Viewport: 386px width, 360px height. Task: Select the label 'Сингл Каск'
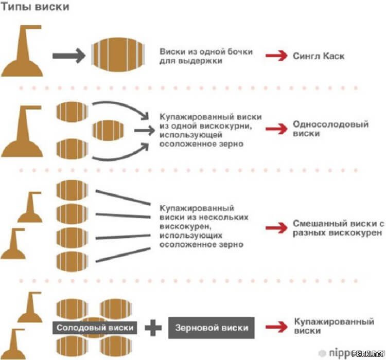tap(318, 56)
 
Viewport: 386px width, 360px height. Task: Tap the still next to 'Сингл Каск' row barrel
tap(24, 51)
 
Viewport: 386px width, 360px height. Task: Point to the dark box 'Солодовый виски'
tap(95, 328)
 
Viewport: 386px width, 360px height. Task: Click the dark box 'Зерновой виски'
tap(211, 328)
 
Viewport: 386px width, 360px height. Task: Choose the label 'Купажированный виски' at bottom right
tap(333, 327)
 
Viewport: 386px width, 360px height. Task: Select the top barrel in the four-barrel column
tap(72, 189)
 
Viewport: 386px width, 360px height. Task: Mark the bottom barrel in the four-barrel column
tap(72, 261)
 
